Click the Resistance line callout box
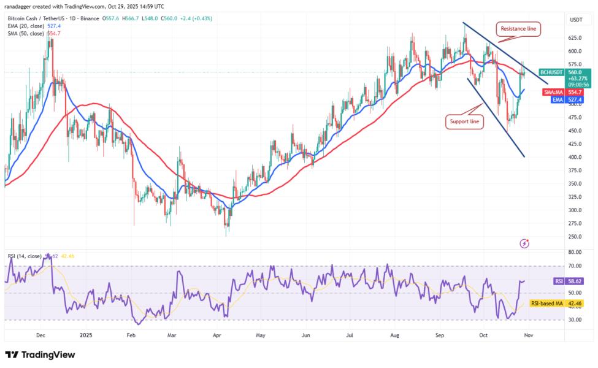point(519,28)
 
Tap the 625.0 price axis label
point(575,37)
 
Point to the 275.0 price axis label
point(575,223)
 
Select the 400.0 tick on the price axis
point(575,157)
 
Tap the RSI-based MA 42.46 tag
point(560,303)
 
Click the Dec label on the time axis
point(41,335)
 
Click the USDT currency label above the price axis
point(576,20)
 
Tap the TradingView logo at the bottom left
point(40,355)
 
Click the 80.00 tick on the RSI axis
point(575,251)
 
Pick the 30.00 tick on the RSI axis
point(575,320)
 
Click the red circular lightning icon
point(524,243)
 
